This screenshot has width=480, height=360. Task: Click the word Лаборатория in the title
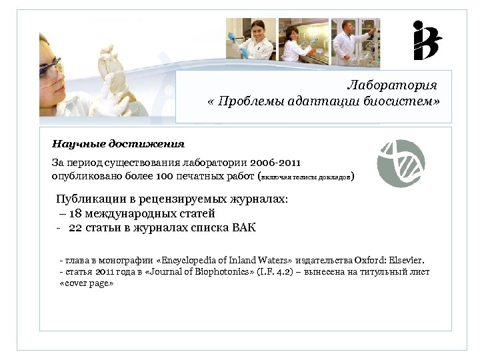(392, 85)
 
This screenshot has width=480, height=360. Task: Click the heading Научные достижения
(118, 143)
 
